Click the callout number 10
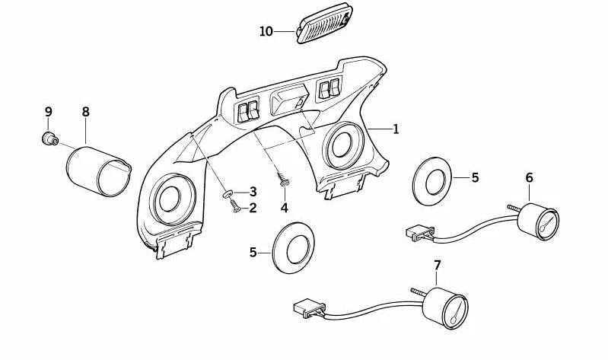point(266,32)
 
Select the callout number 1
point(396,129)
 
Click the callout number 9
point(48,112)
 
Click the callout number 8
point(85,112)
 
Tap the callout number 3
point(253,191)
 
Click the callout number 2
point(253,206)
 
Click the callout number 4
point(284,207)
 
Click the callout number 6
point(529,178)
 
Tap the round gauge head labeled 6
point(538,223)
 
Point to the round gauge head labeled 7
point(446,307)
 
